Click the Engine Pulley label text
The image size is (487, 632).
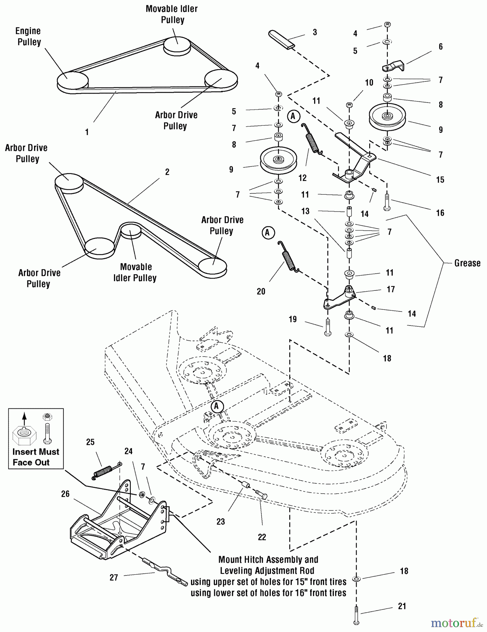coord(29,37)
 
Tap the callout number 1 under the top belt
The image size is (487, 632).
coord(87,132)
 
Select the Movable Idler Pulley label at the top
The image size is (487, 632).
coord(172,14)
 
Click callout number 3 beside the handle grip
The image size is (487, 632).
coord(315,32)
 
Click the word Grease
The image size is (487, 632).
coord(467,263)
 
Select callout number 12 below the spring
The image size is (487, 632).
coord(302,178)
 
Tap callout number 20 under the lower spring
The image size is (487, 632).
coord(261,291)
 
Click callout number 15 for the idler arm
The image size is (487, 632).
coord(440,180)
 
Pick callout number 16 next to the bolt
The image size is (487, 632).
coord(440,213)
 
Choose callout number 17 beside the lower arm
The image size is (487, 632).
coord(391,289)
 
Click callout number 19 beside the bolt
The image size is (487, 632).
coord(293,319)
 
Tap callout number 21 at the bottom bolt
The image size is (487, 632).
coord(402,606)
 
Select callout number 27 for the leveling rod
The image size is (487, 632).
coord(114,578)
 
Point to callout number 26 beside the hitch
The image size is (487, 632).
coord(65,494)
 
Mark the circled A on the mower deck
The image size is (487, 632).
coord(217,406)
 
